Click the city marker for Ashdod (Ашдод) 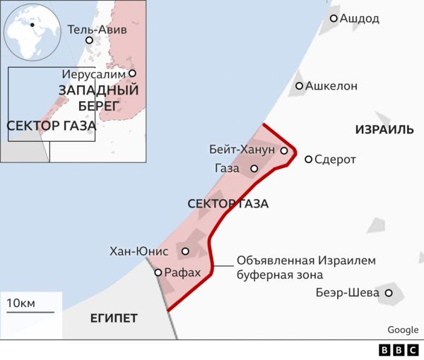click(334, 18)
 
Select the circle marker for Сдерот click(308, 160)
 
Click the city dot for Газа click(254, 169)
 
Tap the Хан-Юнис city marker click(186, 251)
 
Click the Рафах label click(182, 272)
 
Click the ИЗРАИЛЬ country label click(384, 131)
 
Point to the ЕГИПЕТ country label click(114, 318)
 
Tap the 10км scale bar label click(20, 304)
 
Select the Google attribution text click(403, 330)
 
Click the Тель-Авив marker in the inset click(89, 40)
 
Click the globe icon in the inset click(30, 31)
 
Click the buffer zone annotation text click(306, 268)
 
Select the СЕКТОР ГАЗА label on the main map click(228, 204)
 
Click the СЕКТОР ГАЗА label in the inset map click(51, 126)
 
